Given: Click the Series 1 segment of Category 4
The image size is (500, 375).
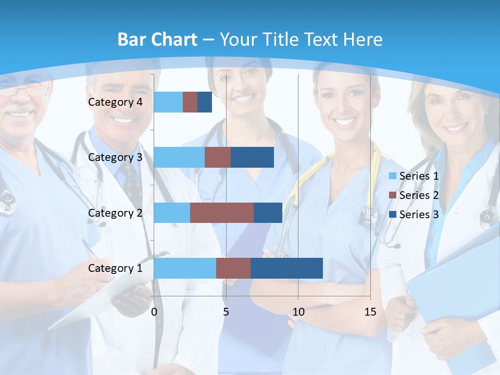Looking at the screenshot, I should click(168, 102).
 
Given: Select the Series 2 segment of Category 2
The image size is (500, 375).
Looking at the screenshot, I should click(222, 213).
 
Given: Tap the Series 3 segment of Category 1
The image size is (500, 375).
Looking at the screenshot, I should click(286, 268).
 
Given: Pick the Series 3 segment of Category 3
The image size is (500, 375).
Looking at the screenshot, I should click(252, 157).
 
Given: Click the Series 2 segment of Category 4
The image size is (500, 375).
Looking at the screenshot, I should click(190, 102).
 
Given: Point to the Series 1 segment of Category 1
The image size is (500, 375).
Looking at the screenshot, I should click(185, 268).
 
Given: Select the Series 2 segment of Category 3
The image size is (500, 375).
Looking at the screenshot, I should click(218, 157).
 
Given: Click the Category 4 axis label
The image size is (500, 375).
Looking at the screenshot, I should click(115, 102).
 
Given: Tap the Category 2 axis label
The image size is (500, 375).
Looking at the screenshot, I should click(115, 213).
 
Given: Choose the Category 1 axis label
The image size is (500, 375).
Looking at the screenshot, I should click(115, 268).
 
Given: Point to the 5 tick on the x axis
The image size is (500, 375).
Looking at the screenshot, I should click(226, 312).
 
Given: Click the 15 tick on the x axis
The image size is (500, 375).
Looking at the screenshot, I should click(370, 312).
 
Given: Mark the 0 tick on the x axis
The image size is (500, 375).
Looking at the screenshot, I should click(154, 312).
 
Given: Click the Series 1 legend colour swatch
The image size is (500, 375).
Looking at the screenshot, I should click(392, 176).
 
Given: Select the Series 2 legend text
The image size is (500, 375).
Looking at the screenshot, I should click(419, 195).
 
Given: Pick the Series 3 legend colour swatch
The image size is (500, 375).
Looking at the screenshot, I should click(392, 215).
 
